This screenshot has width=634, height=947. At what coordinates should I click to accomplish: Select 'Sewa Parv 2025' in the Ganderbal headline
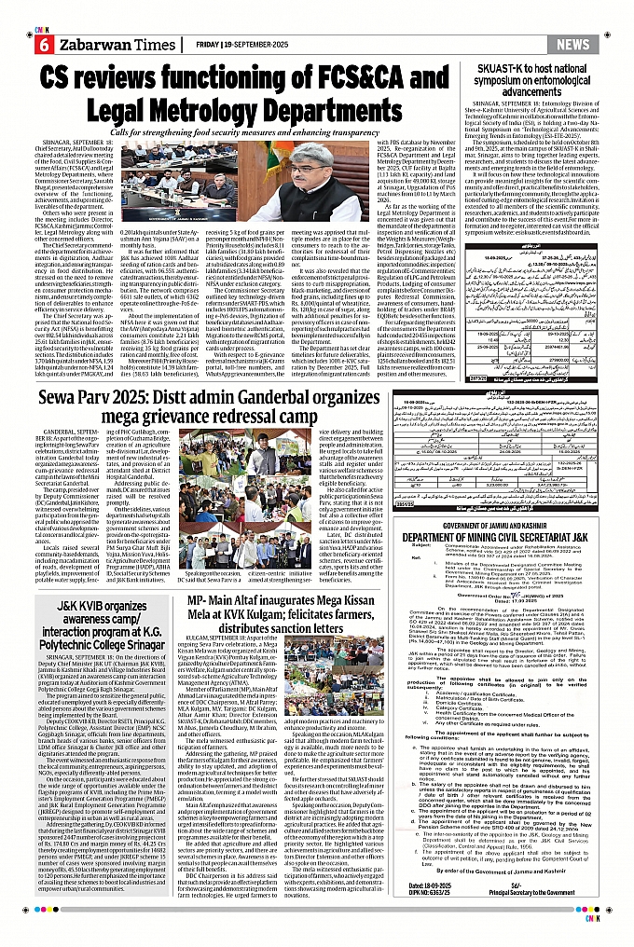[x=94, y=398]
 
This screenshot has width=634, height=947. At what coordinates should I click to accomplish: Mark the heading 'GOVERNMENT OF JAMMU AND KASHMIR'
[x=504, y=528]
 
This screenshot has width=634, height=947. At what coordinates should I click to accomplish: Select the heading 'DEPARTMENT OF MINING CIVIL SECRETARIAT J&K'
[x=504, y=538]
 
